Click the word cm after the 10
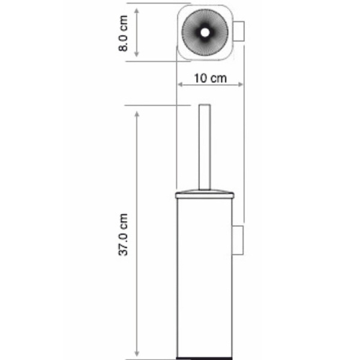pos(219,78)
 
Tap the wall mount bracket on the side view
pos(239,240)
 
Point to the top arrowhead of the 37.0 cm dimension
pos(137,110)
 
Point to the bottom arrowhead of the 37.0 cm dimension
pos(137,354)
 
